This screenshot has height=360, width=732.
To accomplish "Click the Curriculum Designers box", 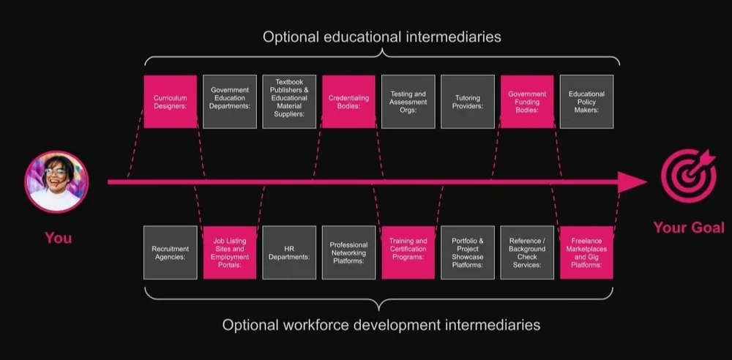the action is [170, 102].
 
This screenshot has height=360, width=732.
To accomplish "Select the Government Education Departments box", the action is [230, 102].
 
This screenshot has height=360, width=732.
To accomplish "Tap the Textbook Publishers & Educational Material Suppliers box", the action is [289, 102].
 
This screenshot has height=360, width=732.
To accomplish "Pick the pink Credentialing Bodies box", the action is [348, 102].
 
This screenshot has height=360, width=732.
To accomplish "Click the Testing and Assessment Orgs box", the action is [408, 102].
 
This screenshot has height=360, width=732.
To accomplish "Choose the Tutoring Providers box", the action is [468, 102].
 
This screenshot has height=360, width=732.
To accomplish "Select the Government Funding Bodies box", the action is [527, 102].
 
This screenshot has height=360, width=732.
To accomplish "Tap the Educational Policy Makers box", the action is [586, 102].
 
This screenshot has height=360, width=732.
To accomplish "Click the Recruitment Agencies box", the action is [170, 252].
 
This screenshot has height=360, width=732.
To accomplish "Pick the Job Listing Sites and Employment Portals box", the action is [230, 252].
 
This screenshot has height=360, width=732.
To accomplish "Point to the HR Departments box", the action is [289, 252].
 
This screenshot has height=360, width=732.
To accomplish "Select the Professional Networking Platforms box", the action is [348, 252].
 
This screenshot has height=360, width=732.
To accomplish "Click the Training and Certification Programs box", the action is [408, 252].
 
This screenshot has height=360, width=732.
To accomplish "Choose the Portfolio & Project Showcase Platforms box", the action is [468, 252].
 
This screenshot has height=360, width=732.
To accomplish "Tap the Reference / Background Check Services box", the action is [527, 252].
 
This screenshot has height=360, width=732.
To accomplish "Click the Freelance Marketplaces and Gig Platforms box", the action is [586, 252].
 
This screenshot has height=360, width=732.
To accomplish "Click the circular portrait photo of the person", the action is [57, 181].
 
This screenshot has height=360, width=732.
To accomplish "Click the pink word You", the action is [59, 238].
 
